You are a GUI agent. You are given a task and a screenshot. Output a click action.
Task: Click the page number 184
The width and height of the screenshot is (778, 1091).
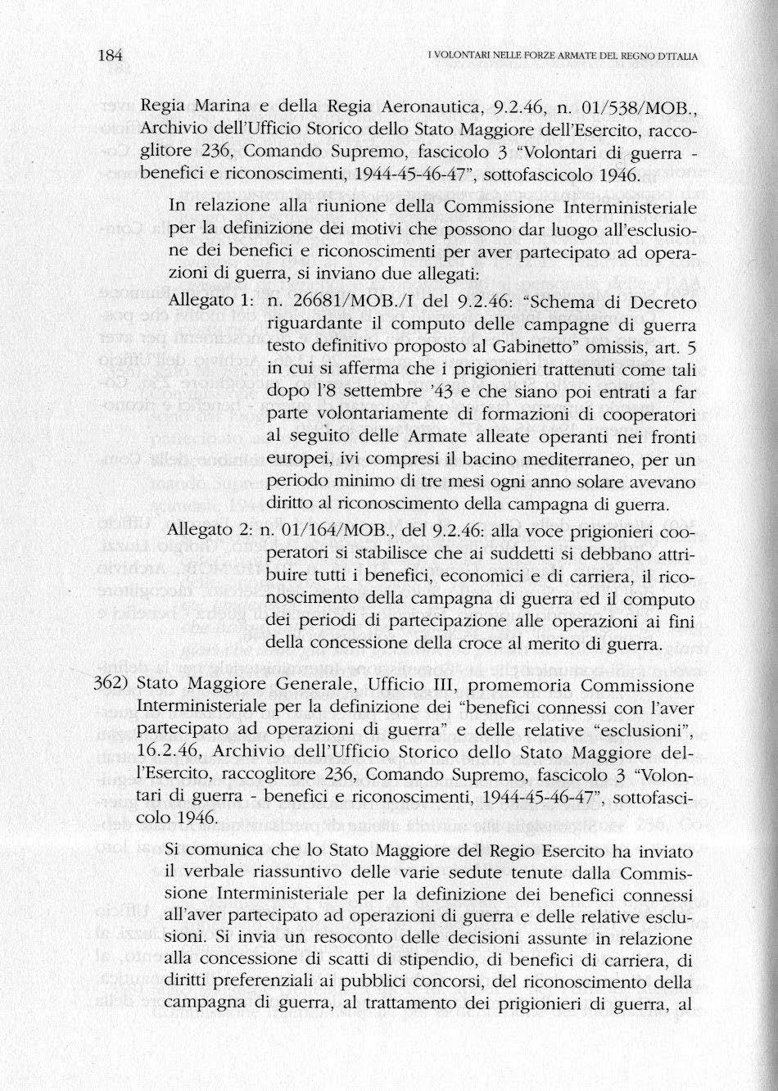109,56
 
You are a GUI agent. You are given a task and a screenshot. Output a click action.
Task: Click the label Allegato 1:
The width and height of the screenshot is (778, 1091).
214,302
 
